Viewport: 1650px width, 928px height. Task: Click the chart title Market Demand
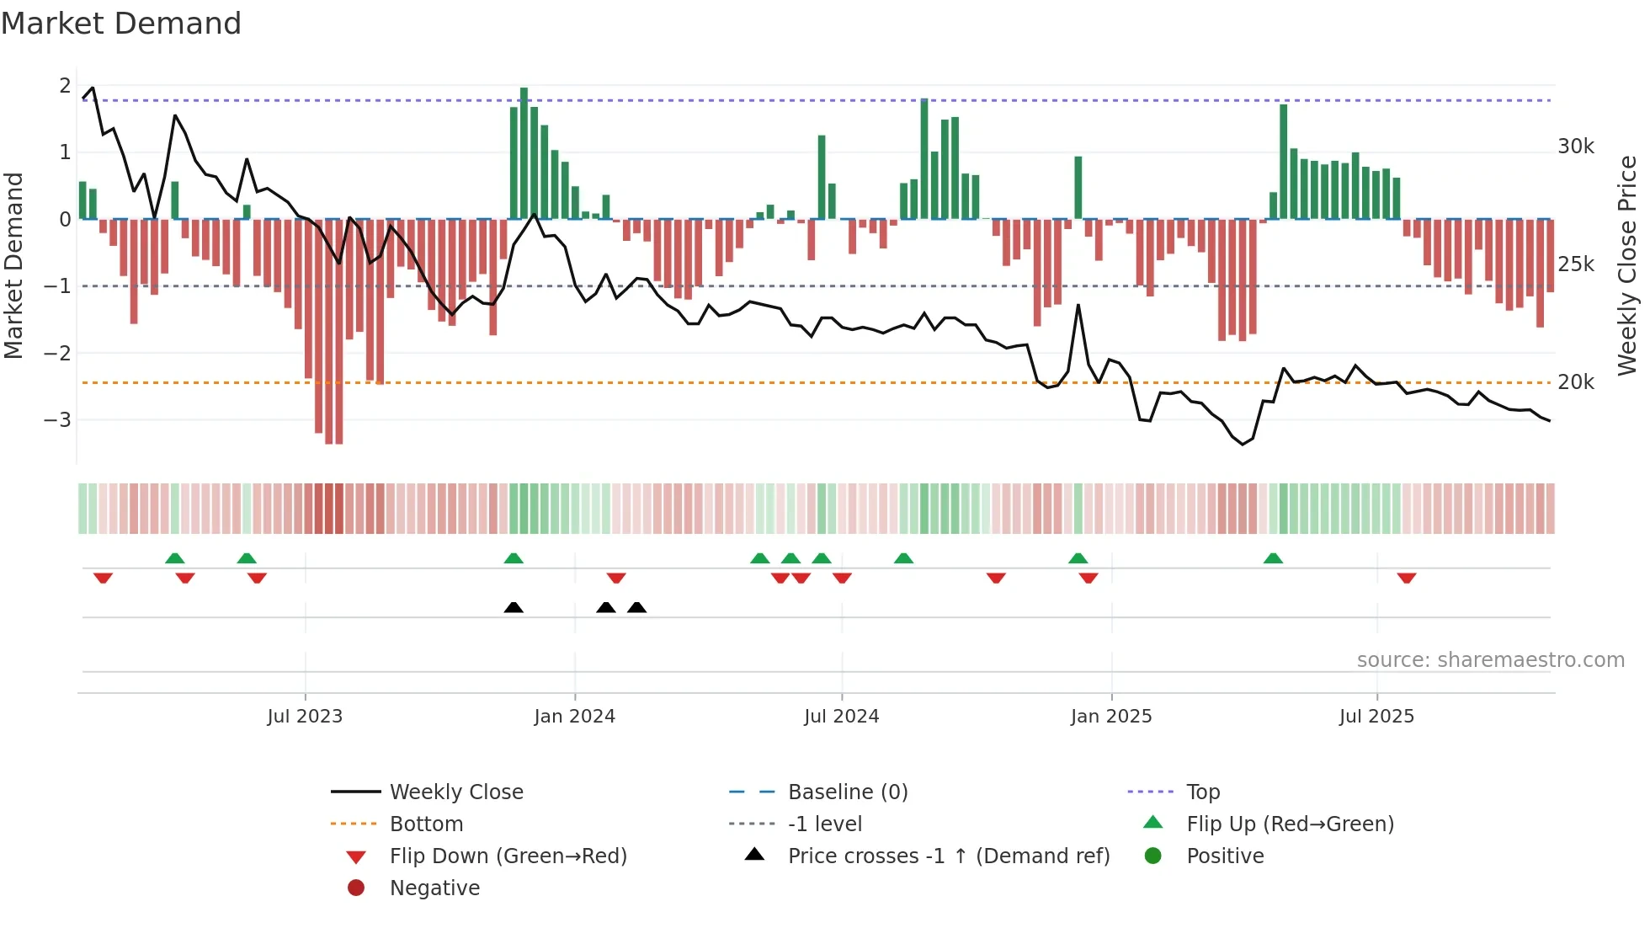click(x=121, y=24)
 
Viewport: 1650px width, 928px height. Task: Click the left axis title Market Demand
click(x=13, y=265)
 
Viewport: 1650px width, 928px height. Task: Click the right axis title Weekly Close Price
click(x=1627, y=265)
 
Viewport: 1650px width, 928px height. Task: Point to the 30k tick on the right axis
click(x=1575, y=147)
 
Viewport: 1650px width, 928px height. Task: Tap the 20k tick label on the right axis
click(x=1575, y=382)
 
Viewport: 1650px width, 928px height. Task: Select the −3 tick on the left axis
click(x=57, y=419)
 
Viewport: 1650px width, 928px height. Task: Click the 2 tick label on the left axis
click(x=65, y=86)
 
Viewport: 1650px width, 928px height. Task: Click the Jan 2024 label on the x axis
click(x=574, y=717)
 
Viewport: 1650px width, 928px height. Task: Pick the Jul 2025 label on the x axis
click(x=1376, y=717)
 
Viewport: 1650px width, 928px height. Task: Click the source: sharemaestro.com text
click(x=1490, y=660)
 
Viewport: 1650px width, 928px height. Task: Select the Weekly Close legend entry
click(x=455, y=792)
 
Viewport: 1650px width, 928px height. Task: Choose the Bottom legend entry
click(x=426, y=824)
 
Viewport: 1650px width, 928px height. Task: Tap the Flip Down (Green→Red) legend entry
click(x=508, y=856)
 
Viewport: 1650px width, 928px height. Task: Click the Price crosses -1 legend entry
click(x=948, y=856)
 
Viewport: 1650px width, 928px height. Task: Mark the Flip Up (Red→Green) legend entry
click(x=1290, y=824)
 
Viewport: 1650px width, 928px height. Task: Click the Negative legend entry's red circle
click(x=356, y=888)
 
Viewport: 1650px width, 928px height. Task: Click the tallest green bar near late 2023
click(x=524, y=152)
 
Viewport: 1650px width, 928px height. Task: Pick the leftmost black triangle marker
click(x=514, y=607)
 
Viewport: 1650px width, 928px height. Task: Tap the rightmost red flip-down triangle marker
click(x=1407, y=578)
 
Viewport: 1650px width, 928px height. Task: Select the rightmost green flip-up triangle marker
click(x=1273, y=558)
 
